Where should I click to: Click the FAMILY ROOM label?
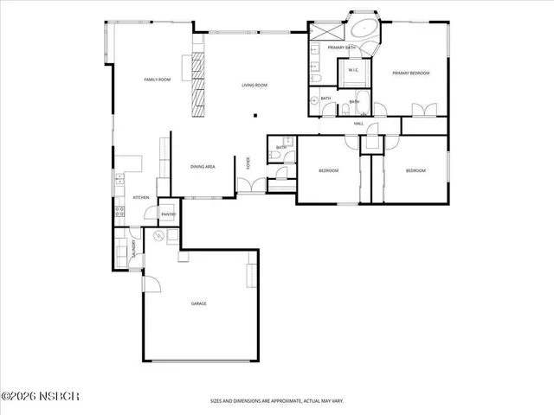158,80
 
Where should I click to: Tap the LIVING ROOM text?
254,85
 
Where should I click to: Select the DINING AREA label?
203,166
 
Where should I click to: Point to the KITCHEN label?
141,197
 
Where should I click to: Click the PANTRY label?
168,214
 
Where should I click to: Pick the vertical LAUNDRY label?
133,248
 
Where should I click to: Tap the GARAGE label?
198,303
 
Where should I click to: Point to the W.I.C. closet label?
354,70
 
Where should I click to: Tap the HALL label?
358,124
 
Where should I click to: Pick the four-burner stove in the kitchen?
119,212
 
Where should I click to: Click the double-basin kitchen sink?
119,181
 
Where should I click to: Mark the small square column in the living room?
254,115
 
